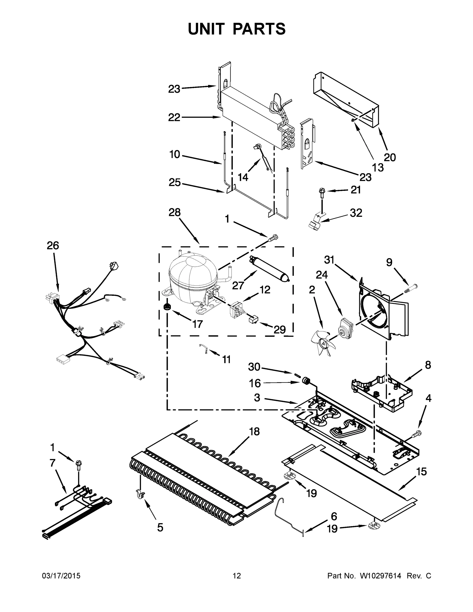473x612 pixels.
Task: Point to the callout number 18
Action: (254, 431)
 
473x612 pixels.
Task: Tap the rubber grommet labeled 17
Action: (167, 306)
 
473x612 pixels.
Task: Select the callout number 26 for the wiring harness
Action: (53, 246)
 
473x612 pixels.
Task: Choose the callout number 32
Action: (356, 213)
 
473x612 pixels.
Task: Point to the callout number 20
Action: (390, 158)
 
